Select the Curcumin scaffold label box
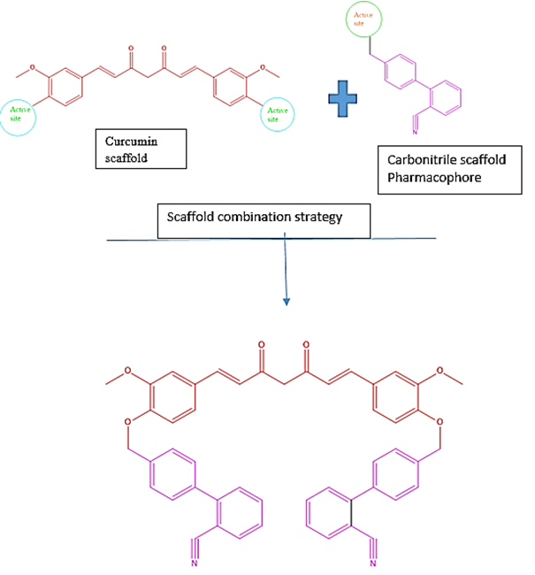141,148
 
